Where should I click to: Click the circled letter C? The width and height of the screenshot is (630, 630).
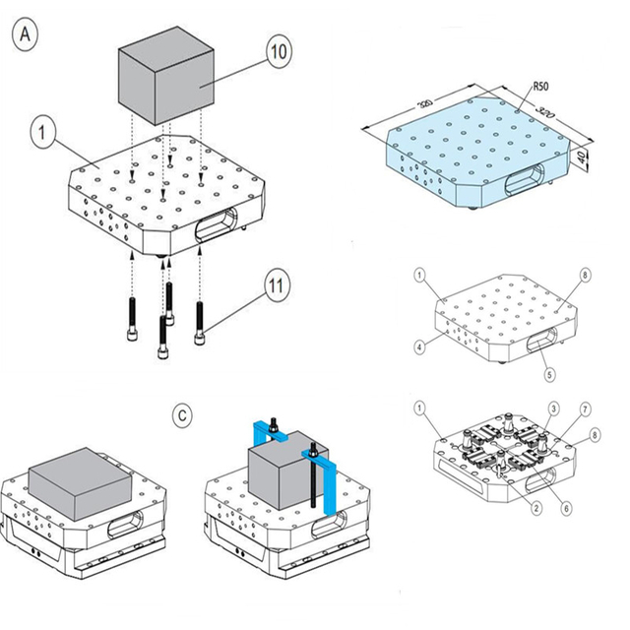[x=182, y=415]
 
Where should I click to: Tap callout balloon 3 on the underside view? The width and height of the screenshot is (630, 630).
[x=554, y=409]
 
